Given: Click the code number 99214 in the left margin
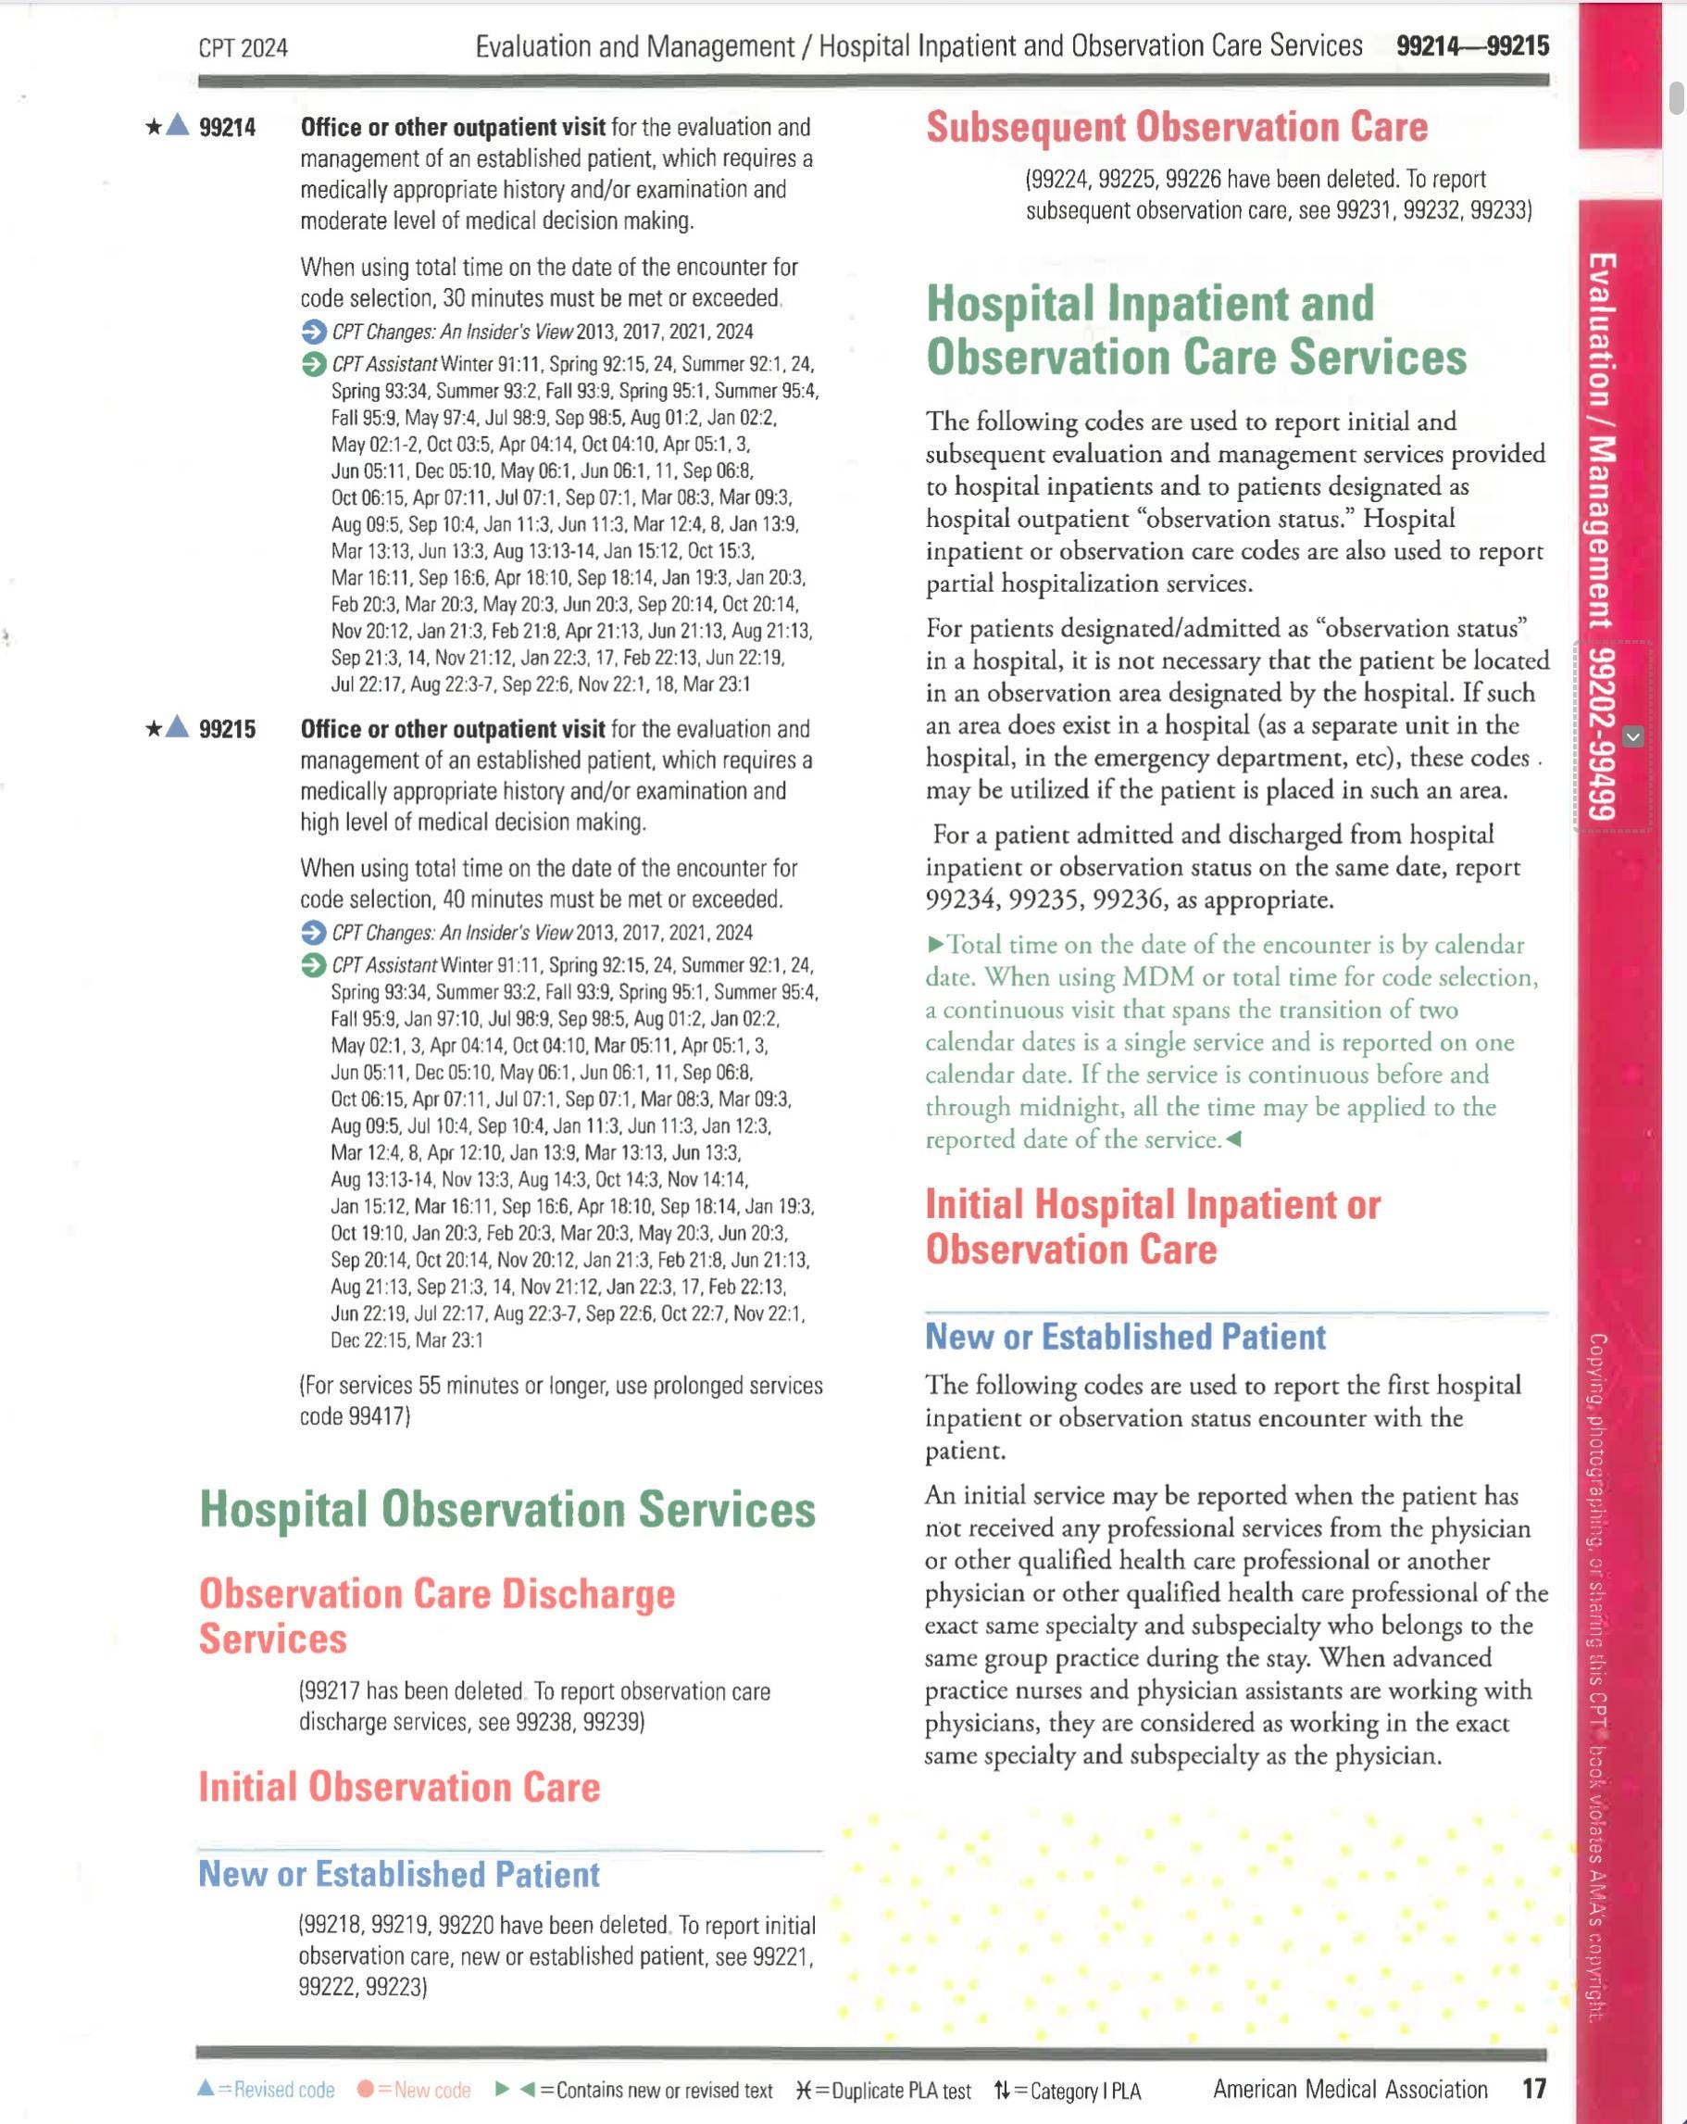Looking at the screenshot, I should [228, 128].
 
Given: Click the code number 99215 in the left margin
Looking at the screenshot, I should [228, 730].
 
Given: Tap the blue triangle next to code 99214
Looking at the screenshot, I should [177, 125].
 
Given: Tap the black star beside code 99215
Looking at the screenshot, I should [154, 729].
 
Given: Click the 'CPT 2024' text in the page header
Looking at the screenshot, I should [244, 48].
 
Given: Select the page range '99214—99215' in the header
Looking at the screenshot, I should [1472, 46].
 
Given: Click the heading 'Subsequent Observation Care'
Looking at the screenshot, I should [1176, 127].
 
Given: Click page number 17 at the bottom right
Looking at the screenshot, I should [1533, 2089].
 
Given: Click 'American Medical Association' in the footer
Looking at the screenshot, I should [1349, 2090].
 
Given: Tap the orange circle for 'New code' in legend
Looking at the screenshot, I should [365, 2090].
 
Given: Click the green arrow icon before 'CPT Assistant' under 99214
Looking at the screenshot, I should [313, 365].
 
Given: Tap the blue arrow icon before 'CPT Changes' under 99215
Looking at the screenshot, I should [313, 933].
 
